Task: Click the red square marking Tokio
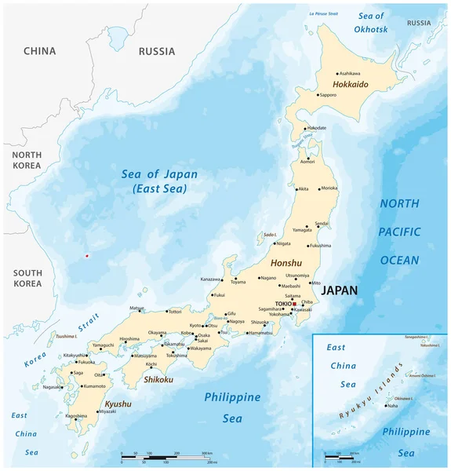[x=294, y=303]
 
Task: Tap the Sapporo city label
[x=327, y=95]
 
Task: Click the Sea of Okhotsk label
[x=370, y=23]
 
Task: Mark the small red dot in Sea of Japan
[x=86, y=255]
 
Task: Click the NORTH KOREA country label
[x=26, y=161]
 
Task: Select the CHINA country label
[x=39, y=51]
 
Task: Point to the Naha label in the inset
[x=392, y=406]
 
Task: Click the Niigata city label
[x=283, y=244]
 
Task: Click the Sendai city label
[x=322, y=224]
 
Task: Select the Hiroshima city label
[x=129, y=339]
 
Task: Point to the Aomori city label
[x=308, y=162]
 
